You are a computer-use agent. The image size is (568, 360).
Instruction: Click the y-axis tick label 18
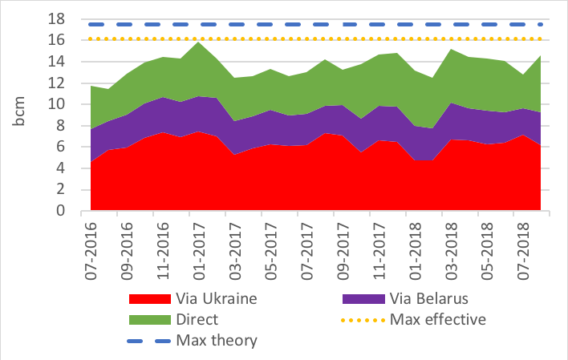[63, 18]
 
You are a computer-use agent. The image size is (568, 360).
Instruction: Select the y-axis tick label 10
[63, 104]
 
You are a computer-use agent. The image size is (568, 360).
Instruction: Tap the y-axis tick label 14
[63, 62]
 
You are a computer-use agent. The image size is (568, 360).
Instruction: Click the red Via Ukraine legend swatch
[149, 299]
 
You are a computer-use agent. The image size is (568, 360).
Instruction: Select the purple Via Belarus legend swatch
[362, 299]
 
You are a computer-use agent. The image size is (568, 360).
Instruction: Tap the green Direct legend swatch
[149, 319]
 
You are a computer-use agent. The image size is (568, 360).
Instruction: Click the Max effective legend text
[440, 319]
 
